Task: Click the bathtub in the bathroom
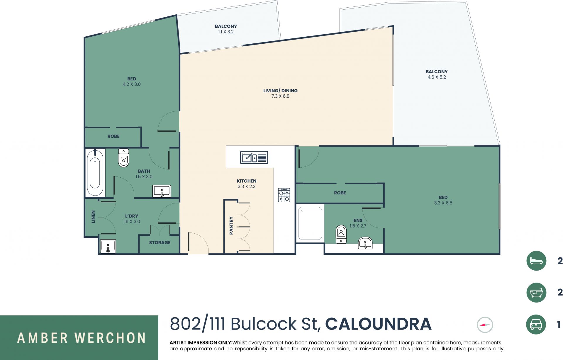tap(95, 173)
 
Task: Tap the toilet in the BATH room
tap(123, 158)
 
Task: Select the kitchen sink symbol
tap(254, 157)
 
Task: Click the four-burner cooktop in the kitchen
tap(284, 195)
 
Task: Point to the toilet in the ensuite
tap(341, 234)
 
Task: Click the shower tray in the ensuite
tap(310, 223)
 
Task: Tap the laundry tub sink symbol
tap(108, 246)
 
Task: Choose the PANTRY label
tap(231, 225)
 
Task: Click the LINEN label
tap(93, 217)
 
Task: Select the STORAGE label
tap(160, 242)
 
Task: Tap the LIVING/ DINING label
tap(280, 91)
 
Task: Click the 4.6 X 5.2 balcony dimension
tap(437, 77)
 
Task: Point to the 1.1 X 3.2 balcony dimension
tap(226, 32)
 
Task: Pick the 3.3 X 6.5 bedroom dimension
tap(443, 203)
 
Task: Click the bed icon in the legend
tap(536, 261)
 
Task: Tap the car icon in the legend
tap(536, 325)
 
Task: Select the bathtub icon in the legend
tap(536, 293)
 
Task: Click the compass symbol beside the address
tap(485, 325)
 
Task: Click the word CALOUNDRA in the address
tap(378, 324)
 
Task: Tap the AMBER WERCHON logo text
tap(81, 338)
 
